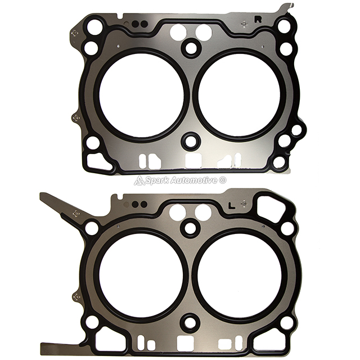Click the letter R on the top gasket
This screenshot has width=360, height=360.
pos(258,20)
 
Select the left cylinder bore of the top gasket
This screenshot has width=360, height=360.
pos(141,96)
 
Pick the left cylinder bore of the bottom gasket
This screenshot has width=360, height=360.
pos(141,275)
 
